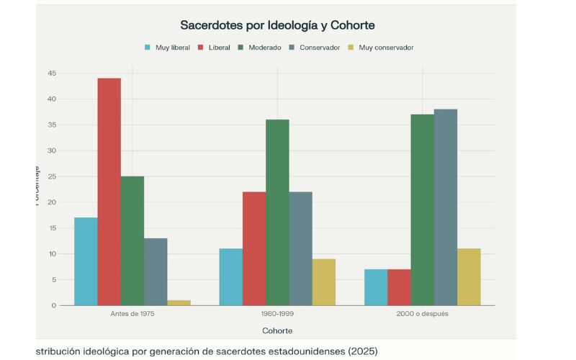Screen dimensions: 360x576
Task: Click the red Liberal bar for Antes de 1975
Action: (109, 192)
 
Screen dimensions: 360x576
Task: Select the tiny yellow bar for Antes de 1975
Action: (179, 302)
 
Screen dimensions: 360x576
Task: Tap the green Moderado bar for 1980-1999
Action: (277, 212)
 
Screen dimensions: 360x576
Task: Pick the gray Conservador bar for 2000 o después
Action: (445, 207)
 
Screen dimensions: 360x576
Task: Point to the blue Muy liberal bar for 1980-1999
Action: (230, 277)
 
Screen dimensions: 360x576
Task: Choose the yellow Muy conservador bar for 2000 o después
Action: (468, 277)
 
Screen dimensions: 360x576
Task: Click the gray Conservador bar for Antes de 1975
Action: (156, 271)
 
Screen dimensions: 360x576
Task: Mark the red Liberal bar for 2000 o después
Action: (399, 287)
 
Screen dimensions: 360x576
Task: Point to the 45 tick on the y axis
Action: (51, 73)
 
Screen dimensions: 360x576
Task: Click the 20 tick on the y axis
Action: (51, 202)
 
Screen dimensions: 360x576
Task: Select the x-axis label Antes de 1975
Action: (132, 315)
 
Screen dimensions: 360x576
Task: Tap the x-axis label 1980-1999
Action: (277, 315)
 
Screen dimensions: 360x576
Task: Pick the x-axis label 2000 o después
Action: (422, 315)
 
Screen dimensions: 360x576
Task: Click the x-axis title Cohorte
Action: (277, 330)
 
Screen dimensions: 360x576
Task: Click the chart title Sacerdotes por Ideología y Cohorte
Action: (277, 25)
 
